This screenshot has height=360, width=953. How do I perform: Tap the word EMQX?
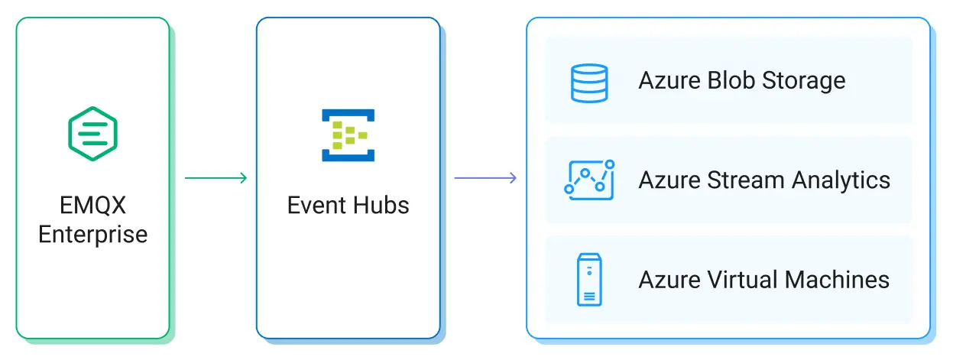(x=92, y=206)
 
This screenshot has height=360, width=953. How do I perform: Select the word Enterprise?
(x=92, y=234)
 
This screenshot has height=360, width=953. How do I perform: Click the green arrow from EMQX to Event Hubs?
(x=216, y=178)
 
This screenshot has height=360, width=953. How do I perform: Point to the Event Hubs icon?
(x=348, y=135)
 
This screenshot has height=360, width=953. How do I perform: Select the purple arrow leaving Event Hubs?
(x=485, y=178)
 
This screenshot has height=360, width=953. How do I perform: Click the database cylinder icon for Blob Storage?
(x=588, y=83)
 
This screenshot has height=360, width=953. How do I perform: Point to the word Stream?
(x=745, y=180)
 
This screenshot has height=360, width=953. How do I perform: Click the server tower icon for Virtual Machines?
(x=588, y=280)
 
